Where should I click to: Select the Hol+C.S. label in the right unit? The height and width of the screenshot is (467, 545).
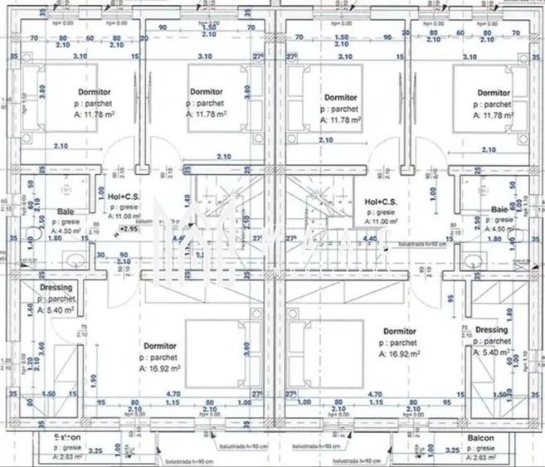coord(382,202)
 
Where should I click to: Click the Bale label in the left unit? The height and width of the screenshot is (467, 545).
coord(66,212)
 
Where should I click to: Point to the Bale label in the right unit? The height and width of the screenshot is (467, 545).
coord(499,209)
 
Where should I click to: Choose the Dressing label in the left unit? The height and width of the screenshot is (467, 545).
coord(56,289)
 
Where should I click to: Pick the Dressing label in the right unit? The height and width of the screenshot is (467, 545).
coord(492,330)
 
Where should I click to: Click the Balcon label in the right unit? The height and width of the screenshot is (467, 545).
coord(480,438)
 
